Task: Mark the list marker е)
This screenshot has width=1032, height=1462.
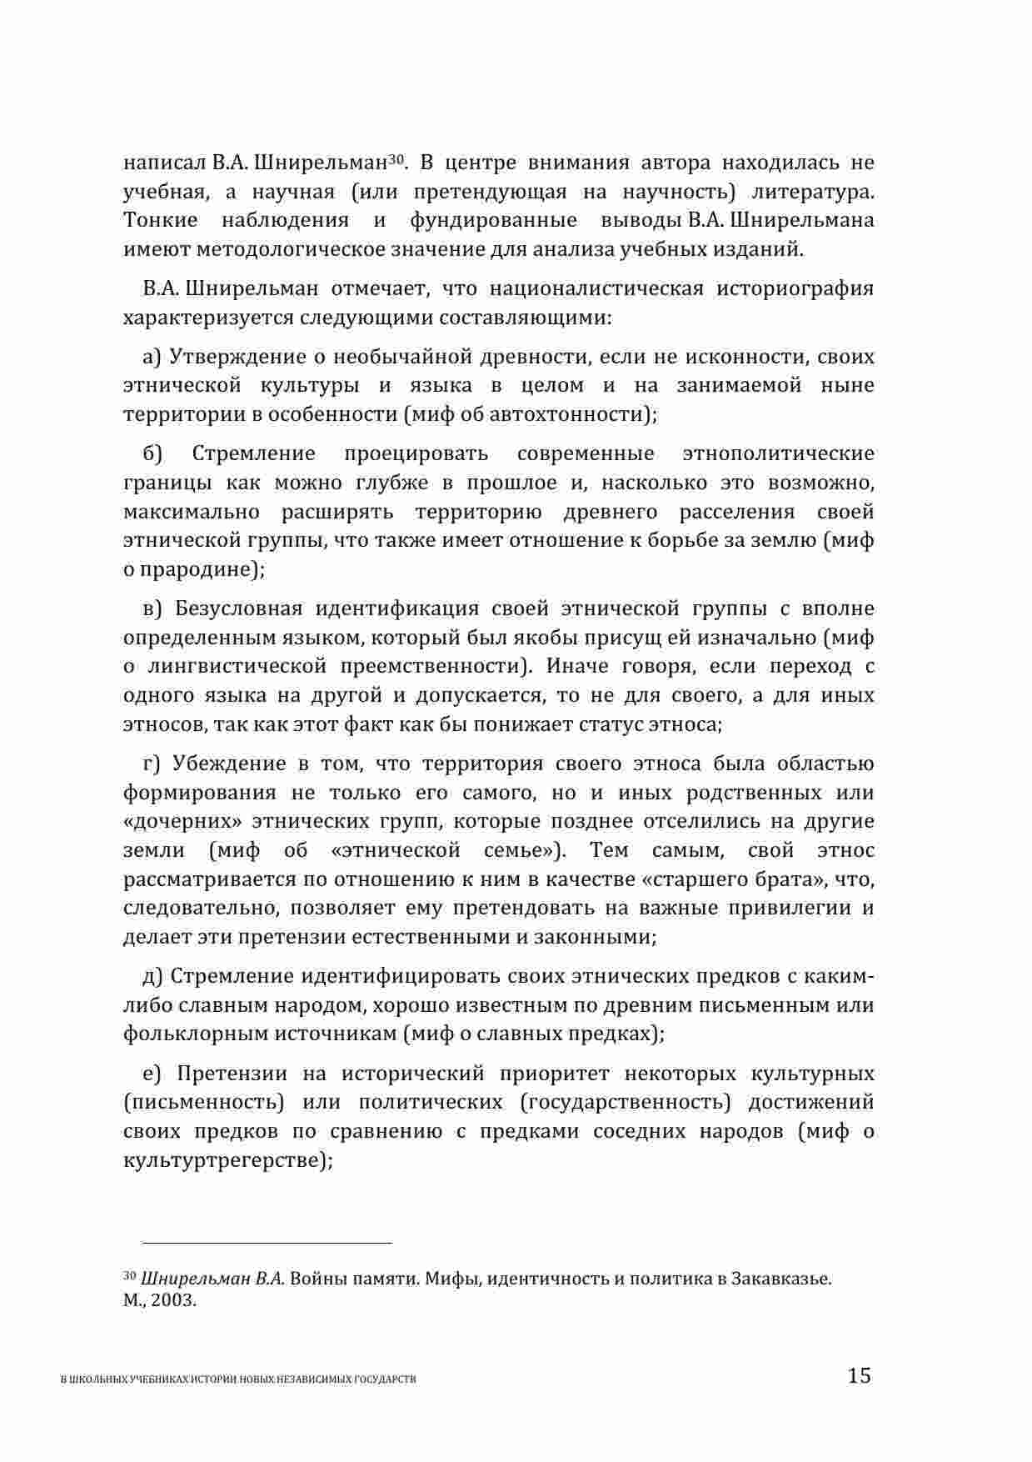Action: click(x=152, y=1074)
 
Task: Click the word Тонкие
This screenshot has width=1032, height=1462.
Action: click(x=161, y=221)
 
